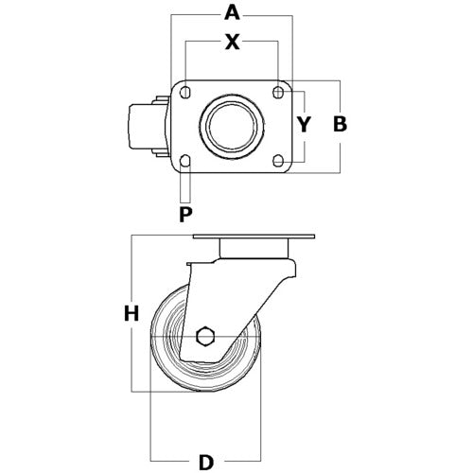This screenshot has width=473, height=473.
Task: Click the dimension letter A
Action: [x=232, y=13]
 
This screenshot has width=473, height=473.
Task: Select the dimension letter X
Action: [x=232, y=43]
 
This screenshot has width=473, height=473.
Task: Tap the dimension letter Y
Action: [x=305, y=124]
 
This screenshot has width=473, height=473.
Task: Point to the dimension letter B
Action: [x=341, y=124]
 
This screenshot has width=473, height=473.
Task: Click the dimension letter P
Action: [x=185, y=215]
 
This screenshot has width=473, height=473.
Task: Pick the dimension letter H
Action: [x=131, y=314]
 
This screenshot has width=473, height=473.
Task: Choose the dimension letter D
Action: [x=206, y=463]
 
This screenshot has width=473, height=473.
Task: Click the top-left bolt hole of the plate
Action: [x=185, y=93]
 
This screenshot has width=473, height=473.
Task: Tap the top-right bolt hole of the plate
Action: [x=278, y=93]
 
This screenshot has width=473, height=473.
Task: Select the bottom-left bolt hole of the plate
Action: [x=185, y=161]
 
